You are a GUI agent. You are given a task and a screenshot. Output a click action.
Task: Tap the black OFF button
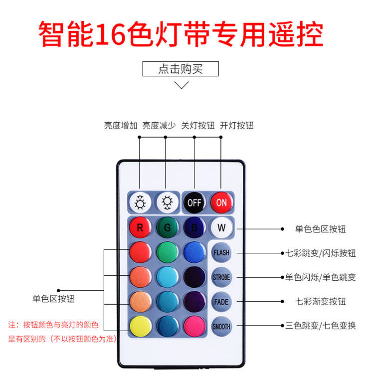(194, 202)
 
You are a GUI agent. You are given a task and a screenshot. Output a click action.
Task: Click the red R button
(140, 227)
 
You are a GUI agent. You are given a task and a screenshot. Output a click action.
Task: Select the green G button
(168, 227)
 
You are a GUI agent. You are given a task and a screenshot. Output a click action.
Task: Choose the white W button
(221, 227)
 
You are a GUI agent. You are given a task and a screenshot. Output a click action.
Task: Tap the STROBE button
(221, 277)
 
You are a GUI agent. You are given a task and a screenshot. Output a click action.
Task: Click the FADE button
(221, 302)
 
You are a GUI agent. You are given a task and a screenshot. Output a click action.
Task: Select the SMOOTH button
(221, 326)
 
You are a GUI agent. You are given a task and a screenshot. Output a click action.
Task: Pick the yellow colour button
(141, 326)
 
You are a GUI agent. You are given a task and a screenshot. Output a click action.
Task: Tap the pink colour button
(194, 326)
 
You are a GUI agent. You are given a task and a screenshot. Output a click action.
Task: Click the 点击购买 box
(181, 69)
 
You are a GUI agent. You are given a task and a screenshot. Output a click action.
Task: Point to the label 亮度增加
(121, 125)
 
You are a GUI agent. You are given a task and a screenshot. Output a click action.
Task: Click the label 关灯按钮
(198, 125)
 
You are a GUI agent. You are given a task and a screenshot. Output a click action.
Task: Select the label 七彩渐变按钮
(320, 301)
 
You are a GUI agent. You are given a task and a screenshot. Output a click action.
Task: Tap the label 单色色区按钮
(320, 229)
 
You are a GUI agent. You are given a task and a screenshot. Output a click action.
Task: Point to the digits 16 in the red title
(111, 34)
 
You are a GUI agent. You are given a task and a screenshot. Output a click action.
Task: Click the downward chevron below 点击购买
(182, 85)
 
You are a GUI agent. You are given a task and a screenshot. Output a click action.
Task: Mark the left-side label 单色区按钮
(53, 299)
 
